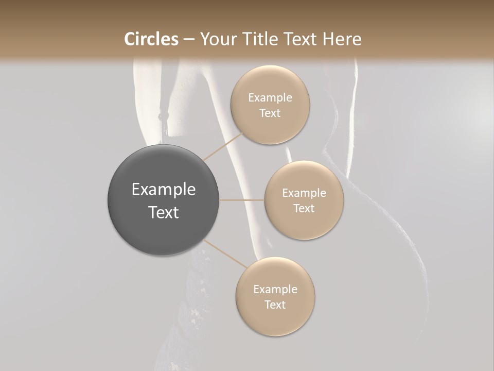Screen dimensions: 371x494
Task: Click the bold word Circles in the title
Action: click(x=151, y=39)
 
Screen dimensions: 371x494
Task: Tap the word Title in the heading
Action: click(x=259, y=39)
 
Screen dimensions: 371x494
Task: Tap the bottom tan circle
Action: click(x=275, y=319)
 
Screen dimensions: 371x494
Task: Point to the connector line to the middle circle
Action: click(x=242, y=200)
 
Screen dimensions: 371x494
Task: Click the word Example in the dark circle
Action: click(x=163, y=190)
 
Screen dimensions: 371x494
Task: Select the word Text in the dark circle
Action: click(x=163, y=212)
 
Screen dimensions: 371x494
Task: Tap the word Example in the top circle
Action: click(x=270, y=98)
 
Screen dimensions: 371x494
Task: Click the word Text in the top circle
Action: click(x=270, y=113)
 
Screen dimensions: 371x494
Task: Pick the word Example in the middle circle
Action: click(x=304, y=193)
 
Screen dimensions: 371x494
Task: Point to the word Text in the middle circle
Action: click(x=304, y=209)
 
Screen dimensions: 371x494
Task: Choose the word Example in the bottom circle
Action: click(x=275, y=290)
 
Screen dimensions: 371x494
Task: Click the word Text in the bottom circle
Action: click(x=275, y=305)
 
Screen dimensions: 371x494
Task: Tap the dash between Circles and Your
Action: click(x=188, y=39)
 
